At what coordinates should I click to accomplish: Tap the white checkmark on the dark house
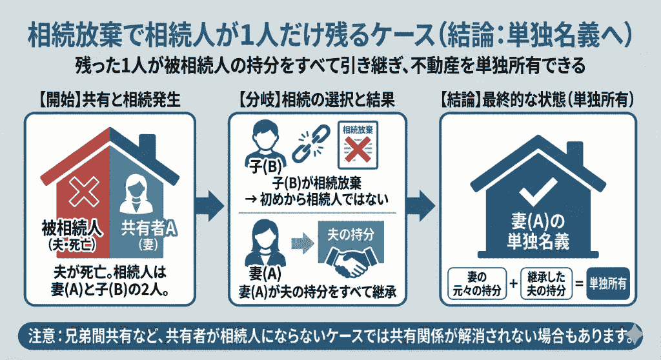[538, 187]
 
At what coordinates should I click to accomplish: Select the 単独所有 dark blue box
[611, 283]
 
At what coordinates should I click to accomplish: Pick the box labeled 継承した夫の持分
[547, 283]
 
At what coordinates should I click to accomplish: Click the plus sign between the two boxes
[513, 283]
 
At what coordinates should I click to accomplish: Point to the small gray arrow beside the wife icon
[300, 244]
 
